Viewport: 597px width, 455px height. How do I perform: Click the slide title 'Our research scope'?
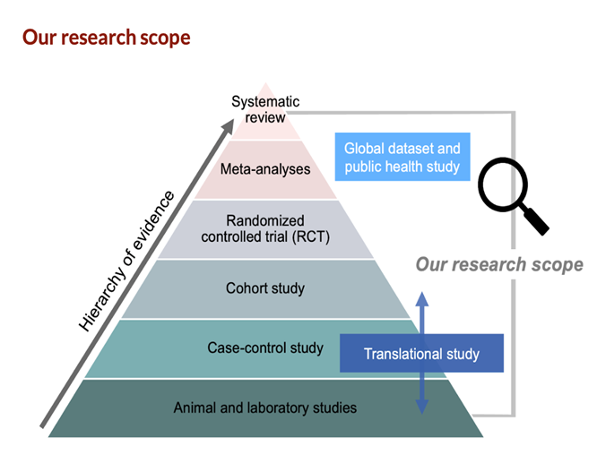coord(106,39)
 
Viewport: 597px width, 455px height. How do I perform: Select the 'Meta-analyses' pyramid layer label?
coord(264,168)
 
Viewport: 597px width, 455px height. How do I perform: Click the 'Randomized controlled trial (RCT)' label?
coord(265,228)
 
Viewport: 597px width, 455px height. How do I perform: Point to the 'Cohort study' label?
coord(265,288)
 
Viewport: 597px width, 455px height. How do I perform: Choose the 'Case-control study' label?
coord(265,348)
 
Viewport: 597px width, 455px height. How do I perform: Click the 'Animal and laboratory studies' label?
coord(265,408)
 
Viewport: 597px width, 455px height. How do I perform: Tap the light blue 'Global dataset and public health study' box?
coord(402,157)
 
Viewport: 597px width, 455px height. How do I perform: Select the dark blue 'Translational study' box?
coord(421,354)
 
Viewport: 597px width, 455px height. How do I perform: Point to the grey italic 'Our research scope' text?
coord(499,264)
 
